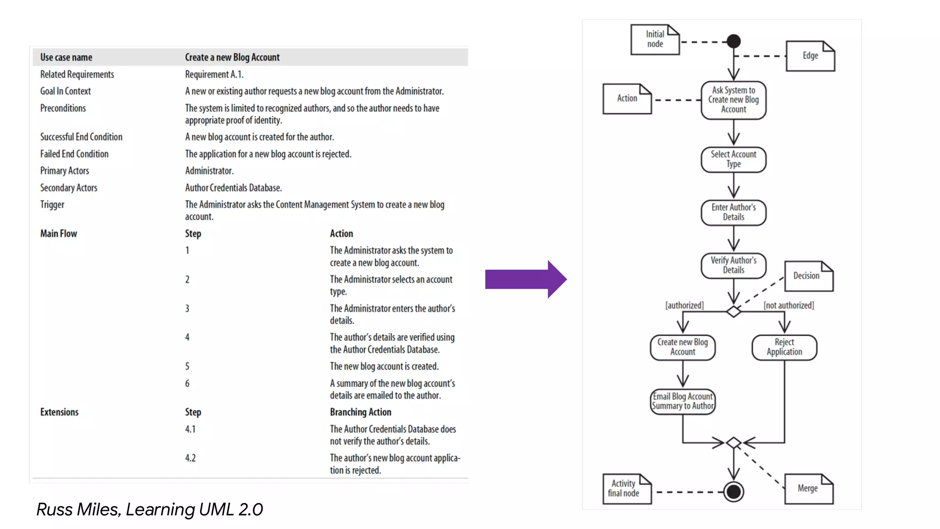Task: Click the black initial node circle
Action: click(x=733, y=41)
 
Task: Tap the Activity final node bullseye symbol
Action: click(x=733, y=492)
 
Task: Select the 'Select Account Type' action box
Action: click(x=733, y=159)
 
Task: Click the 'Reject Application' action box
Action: click(x=784, y=347)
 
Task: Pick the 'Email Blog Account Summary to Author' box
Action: click(x=683, y=401)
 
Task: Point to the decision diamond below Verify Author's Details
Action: click(x=733, y=312)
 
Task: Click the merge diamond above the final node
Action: click(x=733, y=443)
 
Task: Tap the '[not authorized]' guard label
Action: click(x=789, y=305)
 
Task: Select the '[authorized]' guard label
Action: click(x=684, y=305)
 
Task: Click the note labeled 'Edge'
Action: click(x=810, y=56)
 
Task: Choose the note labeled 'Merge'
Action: click(x=808, y=489)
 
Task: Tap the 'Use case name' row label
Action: click(x=66, y=57)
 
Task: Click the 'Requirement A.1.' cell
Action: click(x=214, y=74)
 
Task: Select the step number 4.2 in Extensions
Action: click(x=190, y=458)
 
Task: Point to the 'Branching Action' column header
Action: click(x=360, y=412)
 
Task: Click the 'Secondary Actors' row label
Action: click(x=69, y=188)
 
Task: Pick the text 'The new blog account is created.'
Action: click(x=384, y=366)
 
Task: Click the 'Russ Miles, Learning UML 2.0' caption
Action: click(x=150, y=509)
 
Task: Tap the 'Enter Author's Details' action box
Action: click(x=733, y=212)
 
